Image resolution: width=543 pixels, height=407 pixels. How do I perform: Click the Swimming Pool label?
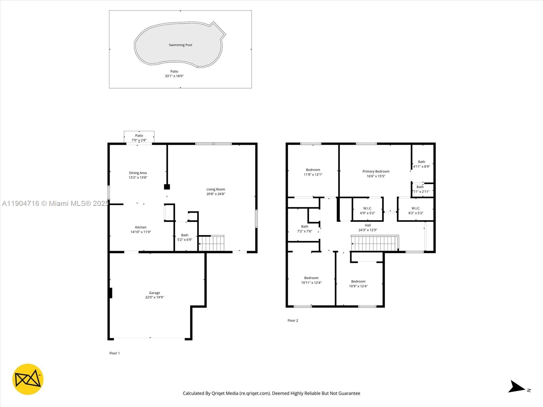tap(180, 45)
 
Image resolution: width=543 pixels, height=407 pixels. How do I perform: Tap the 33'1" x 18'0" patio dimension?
tap(174, 76)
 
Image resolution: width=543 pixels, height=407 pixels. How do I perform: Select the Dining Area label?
tap(138, 173)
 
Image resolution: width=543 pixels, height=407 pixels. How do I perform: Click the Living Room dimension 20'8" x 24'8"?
tap(216, 194)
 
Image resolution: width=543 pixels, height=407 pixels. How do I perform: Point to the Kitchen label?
tap(141, 227)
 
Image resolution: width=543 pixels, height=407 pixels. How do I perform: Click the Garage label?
tap(154, 293)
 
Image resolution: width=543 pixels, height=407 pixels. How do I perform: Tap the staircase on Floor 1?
tap(211, 243)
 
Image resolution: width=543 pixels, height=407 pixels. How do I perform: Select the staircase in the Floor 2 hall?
tap(375, 243)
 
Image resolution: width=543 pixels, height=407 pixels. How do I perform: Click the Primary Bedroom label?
tap(376, 171)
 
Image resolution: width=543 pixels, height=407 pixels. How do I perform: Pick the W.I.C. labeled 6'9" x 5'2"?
tap(368, 211)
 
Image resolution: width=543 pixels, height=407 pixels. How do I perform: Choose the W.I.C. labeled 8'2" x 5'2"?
tap(416, 211)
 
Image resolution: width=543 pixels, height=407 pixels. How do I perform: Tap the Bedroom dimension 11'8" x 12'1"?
tap(313, 175)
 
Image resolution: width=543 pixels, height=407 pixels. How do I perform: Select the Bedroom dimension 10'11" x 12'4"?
tap(311, 283)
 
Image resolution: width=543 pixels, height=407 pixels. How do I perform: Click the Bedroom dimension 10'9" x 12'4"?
tap(358, 286)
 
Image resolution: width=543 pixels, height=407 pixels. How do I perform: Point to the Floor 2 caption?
tap(293, 321)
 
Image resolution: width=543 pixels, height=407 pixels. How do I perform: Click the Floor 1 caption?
tap(114, 353)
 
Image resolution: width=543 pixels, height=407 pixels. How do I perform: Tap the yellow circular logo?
tap(28, 379)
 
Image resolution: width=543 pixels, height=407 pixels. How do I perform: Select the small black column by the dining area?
tap(167, 187)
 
